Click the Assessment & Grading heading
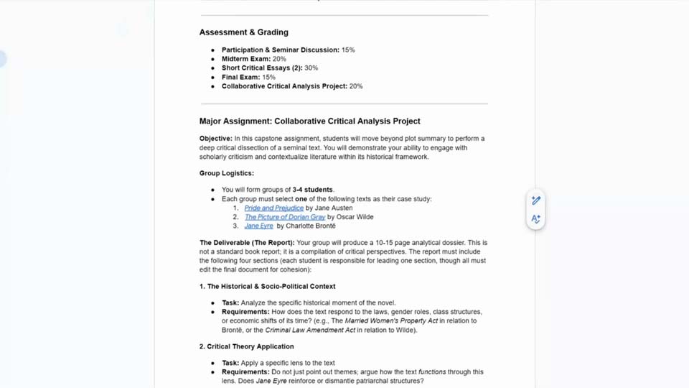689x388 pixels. pyautogui.click(x=243, y=32)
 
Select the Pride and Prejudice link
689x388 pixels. pyautogui.click(x=273, y=208)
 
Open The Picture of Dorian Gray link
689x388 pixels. pyautogui.click(x=284, y=217)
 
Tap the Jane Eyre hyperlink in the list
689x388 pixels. pyautogui.click(x=258, y=226)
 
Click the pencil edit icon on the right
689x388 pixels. pyautogui.click(x=535, y=200)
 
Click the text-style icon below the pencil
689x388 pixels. pyautogui.click(x=535, y=219)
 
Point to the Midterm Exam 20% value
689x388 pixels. pyautogui.click(x=279, y=59)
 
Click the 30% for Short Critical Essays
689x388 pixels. pyautogui.click(x=311, y=68)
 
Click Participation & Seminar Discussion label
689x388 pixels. pyautogui.click(x=280, y=50)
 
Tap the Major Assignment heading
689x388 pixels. pyautogui.click(x=309, y=121)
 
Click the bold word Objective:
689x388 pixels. pyautogui.click(x=215, y=139)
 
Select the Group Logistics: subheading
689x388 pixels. pyautogui.click(x=226, y=173)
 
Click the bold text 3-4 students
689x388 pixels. pyautogui.click(x=313, y=190)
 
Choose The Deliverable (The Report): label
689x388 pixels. pyautogui.click(x=247, y=243)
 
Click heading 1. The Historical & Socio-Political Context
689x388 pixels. pyautogui.click(x=267, y=286)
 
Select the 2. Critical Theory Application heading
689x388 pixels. pyautogui.click(x=246, y=346)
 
